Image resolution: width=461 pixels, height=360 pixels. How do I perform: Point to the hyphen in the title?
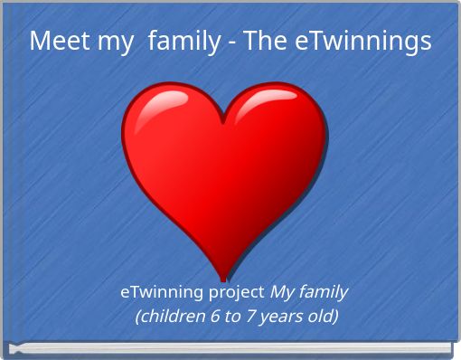pos(230,43)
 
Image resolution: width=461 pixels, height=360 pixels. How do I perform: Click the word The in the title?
pos(266,41)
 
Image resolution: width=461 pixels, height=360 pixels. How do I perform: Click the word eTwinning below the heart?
pos(162,292)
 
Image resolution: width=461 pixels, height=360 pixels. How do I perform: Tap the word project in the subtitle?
pos(237,292)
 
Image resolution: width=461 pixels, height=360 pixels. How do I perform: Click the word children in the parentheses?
pos(170,316)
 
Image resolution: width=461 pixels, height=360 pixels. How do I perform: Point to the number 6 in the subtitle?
pos(211,316)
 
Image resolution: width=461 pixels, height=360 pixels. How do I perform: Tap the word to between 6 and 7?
pos(228,316)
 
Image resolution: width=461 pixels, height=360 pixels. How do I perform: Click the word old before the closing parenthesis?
pos(320,316)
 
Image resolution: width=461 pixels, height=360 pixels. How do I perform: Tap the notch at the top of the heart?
pos(222,120)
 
